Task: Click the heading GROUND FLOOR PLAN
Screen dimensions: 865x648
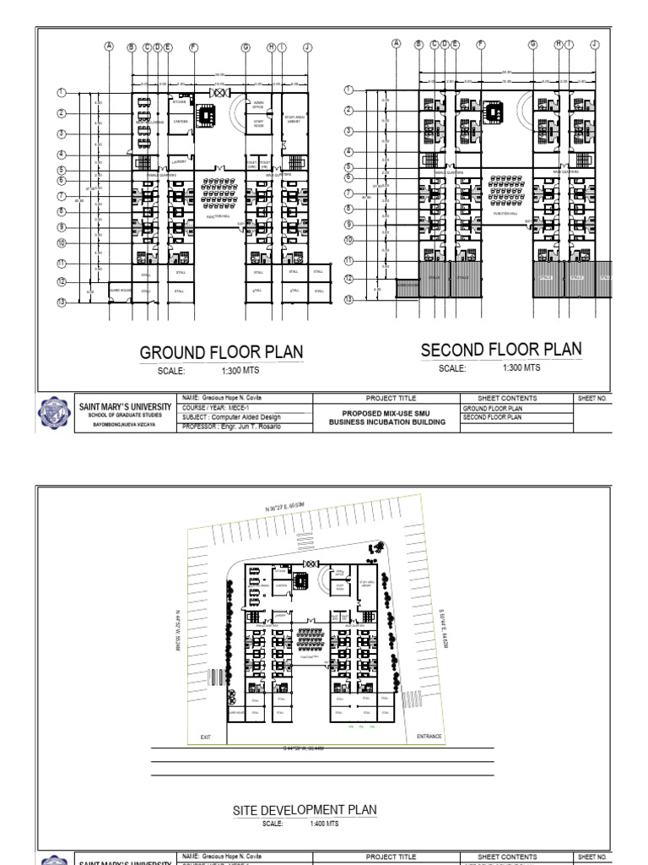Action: click(221, 353)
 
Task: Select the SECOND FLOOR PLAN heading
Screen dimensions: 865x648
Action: click(501, 350)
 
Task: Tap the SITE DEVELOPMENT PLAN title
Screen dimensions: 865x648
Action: click(305, 810)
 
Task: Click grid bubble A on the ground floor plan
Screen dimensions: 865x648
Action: click(108, 46)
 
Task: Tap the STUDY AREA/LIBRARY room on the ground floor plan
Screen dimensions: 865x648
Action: click(294, 120)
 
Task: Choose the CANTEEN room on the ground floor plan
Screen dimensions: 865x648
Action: click(180, 121)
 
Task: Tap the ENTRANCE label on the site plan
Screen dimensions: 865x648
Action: click(429, 737)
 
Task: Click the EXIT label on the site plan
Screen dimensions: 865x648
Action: click(205, 737)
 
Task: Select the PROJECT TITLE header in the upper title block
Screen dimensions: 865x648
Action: click(391, 398)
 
